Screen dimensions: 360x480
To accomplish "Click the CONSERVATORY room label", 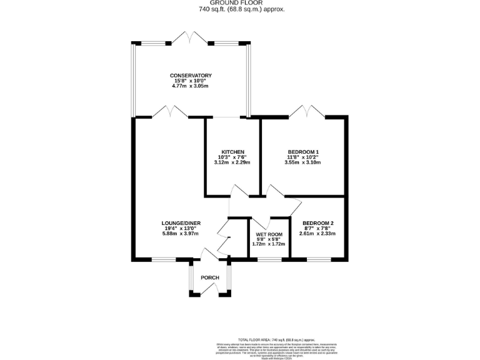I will (x=191, y=76).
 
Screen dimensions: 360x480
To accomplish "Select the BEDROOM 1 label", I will (x=303, y=152).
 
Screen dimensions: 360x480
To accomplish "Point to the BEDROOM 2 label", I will (x=318, y=223).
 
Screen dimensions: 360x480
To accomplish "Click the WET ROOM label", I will (x=269, y=234).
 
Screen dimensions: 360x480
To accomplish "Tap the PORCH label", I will (x=209, y=277).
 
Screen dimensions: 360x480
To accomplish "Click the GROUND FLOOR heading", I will (x=239, y=3).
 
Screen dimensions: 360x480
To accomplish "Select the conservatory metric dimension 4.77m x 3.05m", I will (x=191, y=86).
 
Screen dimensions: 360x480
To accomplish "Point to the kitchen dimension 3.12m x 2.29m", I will (x=232, y=162).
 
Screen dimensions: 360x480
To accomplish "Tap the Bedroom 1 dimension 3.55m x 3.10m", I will (x=303, y=162).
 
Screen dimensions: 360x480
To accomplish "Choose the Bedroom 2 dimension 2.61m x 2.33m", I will (x=318, y=234).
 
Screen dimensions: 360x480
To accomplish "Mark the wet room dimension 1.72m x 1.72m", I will (x=269, y=244).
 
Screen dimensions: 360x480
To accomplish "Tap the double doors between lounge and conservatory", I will (x=170, y=112).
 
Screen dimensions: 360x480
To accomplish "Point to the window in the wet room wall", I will (x=269, y=258).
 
